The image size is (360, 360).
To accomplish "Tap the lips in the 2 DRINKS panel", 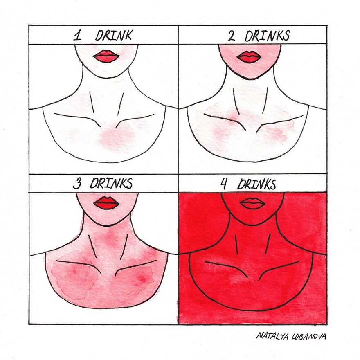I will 248,57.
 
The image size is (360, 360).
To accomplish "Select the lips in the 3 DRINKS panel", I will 106,203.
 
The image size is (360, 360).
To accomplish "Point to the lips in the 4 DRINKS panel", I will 252,203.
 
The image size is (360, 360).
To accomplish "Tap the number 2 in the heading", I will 232,36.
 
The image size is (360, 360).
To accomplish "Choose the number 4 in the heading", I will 224,184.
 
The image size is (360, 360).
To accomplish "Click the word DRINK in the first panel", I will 113,35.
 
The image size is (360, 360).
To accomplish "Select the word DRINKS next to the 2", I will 267,36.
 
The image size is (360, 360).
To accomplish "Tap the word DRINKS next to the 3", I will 111,184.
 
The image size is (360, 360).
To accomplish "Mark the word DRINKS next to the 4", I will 257,184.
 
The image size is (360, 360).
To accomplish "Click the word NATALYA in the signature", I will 272,336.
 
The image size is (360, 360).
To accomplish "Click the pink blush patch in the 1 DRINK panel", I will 117,137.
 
